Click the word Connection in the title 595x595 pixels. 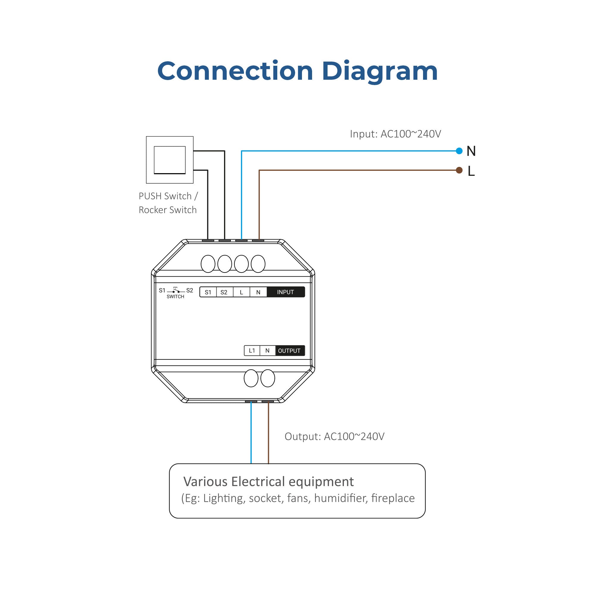tap(235, 71)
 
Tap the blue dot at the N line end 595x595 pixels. tap(459, 151)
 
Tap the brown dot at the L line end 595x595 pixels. tap(459, 170)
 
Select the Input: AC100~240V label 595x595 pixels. tap(395, 134)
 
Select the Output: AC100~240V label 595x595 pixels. tap(334, 436)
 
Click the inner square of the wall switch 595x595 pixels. tap(169, 160)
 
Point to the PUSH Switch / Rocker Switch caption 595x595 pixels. tap(168, 203)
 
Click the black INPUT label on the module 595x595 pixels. tap(285, 292)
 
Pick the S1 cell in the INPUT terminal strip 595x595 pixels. tap(208, 292)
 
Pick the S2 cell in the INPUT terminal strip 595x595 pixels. tap(224, 292)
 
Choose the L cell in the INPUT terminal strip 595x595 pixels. tap(241, 292)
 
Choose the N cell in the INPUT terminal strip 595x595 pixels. tap(258, 292)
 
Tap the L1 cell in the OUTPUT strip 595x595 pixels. tap(252, 350)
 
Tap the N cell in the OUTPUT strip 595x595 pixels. tap(267, 350)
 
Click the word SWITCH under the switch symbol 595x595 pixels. tap(175, 297)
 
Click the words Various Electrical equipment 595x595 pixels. tap(268, 481)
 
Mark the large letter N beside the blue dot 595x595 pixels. tap(471, 151)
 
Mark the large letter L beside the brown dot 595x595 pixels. tap(471, 171)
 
